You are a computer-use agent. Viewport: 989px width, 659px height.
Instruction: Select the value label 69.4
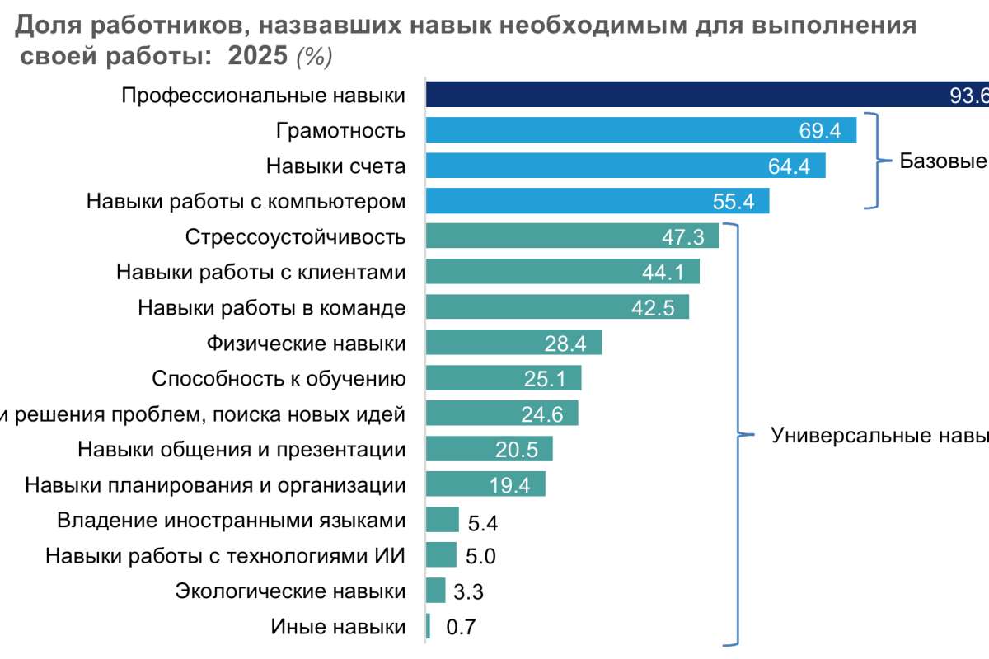click(x=820, y=131)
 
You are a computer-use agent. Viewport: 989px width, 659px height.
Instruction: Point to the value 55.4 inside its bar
click(x=733, y=202)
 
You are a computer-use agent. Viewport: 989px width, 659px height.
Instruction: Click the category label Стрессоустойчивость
click(x=295, y=237)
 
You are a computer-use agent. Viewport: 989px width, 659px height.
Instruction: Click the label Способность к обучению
click(x=279, y=378)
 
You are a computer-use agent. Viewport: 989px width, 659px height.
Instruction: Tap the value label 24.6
click(x=542, y=414)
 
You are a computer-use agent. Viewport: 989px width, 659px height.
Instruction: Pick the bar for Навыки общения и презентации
click(x=489, y=449)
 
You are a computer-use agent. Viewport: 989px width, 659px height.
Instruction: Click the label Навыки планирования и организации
click(x=215, y=484)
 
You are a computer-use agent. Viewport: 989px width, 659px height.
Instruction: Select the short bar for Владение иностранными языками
click(x=443, y=520)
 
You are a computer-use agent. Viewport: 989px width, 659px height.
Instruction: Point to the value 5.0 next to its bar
click(x=480, y=557)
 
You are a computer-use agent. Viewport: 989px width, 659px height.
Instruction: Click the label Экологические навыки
click(x=290, y=591)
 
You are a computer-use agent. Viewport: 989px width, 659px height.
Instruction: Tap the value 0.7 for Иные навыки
click(x=461, y=628)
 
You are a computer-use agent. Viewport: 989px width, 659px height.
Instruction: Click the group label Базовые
click(x=943, y=161)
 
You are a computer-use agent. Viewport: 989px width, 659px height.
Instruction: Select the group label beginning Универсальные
click(x=879, y=435)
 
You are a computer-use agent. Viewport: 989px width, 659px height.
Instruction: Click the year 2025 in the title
click(x=258, y=56)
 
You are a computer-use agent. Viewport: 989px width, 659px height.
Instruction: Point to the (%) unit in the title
click(x=314, y=57)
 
